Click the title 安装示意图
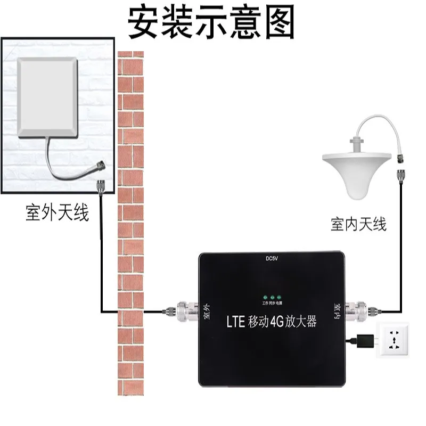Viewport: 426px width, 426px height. tap(212, 22)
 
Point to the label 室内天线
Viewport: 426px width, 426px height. tap(358, 225)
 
